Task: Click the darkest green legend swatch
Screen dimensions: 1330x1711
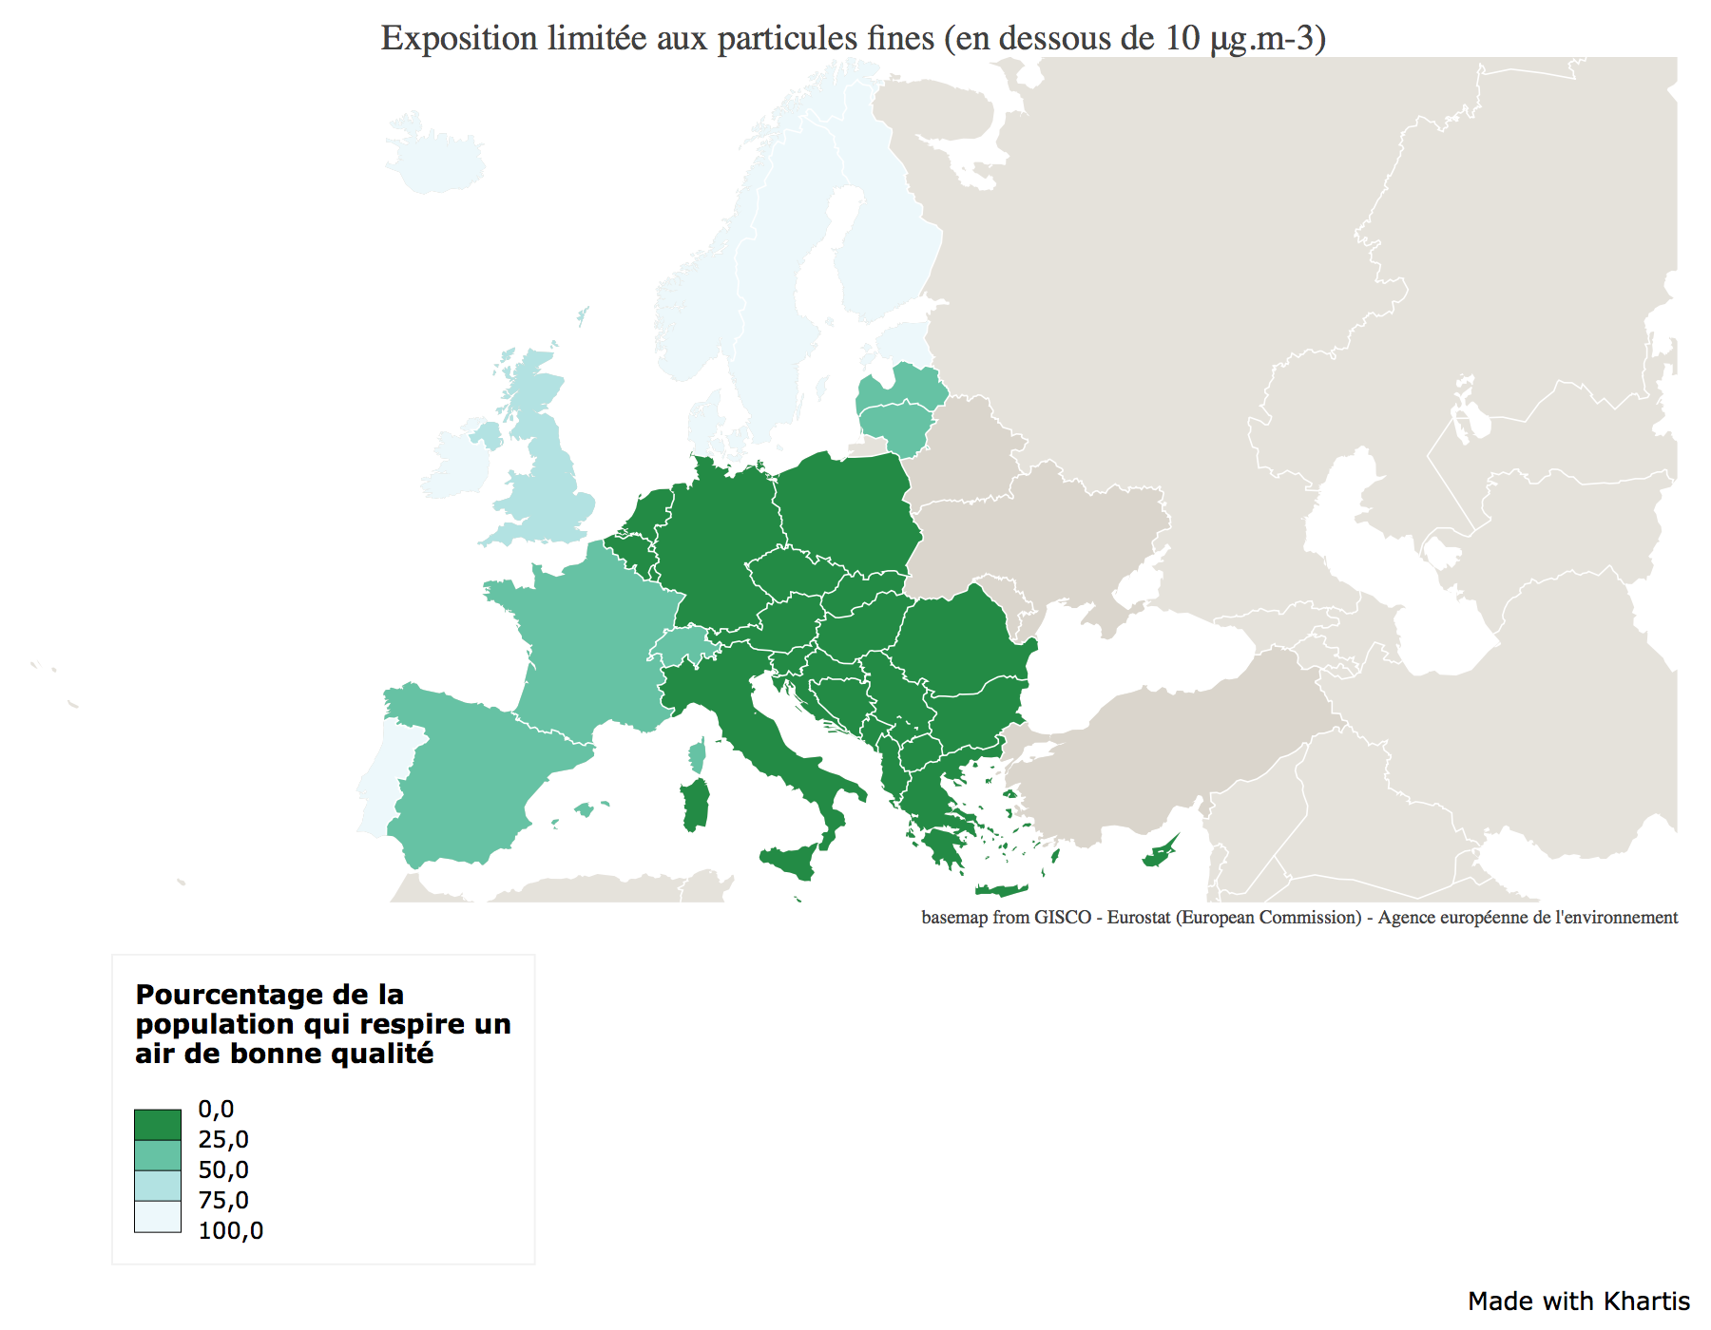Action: click(157, 1125)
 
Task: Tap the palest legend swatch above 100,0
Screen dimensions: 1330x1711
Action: click(157, 1216)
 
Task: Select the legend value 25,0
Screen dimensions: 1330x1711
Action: click(223, 1139)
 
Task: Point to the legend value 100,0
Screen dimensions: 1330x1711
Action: click(230, 1230)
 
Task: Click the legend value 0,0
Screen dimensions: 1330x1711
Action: click(216, 1109)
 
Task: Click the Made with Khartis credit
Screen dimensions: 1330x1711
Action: click(1578, 1301)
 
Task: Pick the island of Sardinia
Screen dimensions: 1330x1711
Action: click(696, 805)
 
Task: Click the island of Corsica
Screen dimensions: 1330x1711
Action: click(698, 757)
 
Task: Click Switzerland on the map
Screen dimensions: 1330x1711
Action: click(681, 646)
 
